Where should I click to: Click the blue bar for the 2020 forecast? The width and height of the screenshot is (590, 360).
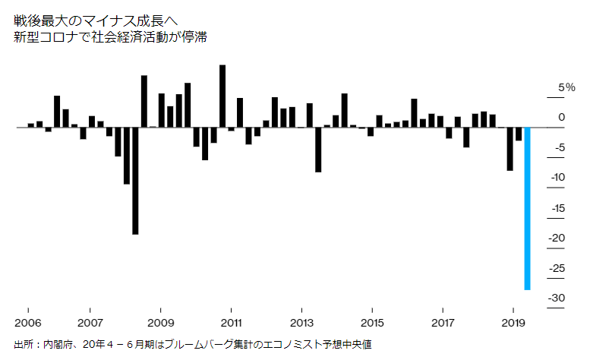coord(527,209)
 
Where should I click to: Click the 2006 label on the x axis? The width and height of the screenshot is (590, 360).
coord(28,312)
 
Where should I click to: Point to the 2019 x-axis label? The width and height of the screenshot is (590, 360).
coord(513,312)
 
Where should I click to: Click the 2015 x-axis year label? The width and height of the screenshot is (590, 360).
coord(372,312)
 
